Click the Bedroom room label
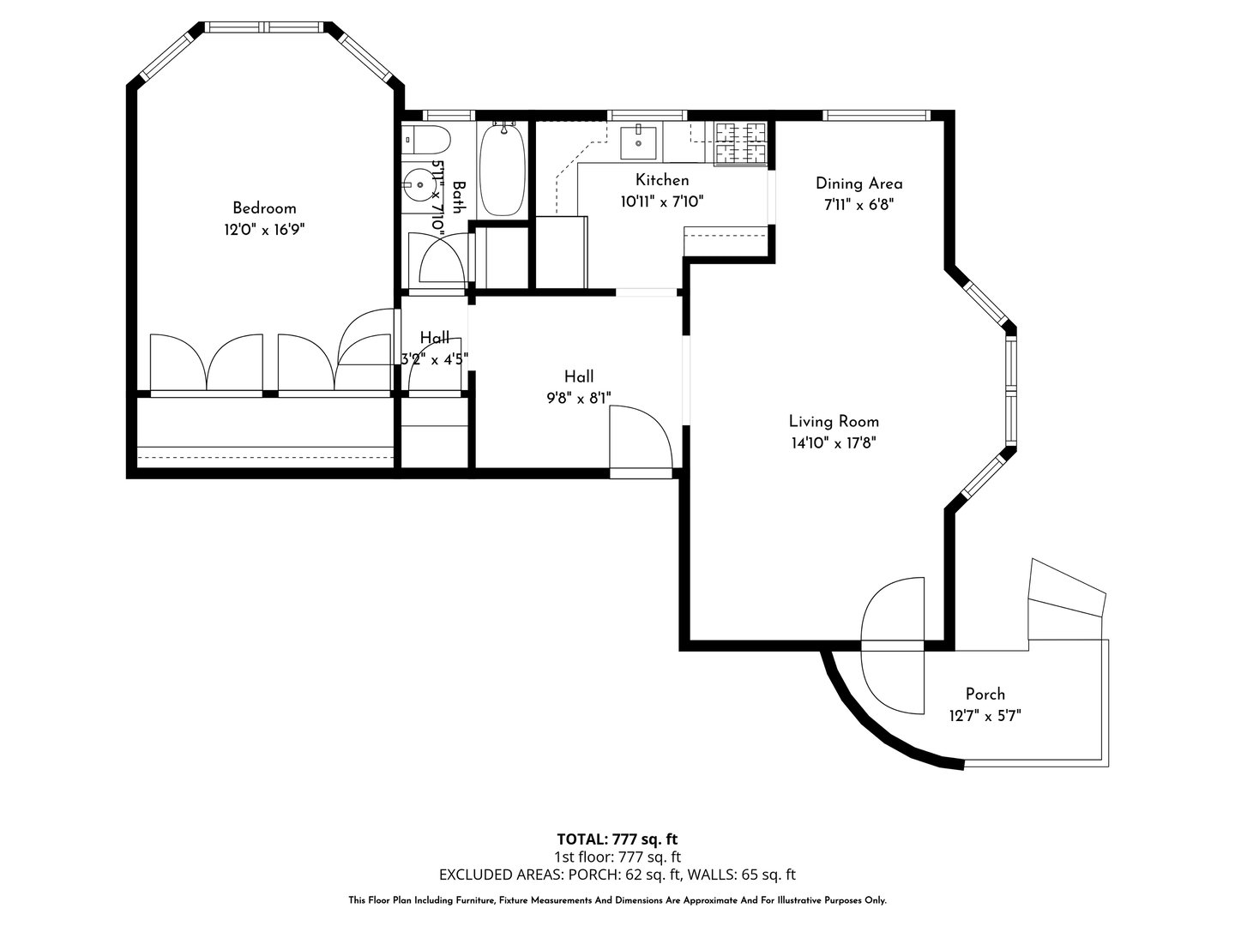tap(264, 208)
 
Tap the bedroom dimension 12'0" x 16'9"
tap(264, 230)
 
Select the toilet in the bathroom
tap(426, 138)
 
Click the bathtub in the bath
tap(502, 170)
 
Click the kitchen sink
tap(638, 141)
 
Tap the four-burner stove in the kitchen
tap(741, 142)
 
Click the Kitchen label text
tap(661, 180)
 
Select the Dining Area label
tap(858, 183)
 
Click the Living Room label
tap(834, 421)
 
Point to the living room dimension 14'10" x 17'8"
tap(834, 443)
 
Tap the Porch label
tap(985, 694)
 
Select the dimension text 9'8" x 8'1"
tap(578, 398)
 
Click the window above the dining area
tap(876, 115)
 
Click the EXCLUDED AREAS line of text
tap(617, 875)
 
